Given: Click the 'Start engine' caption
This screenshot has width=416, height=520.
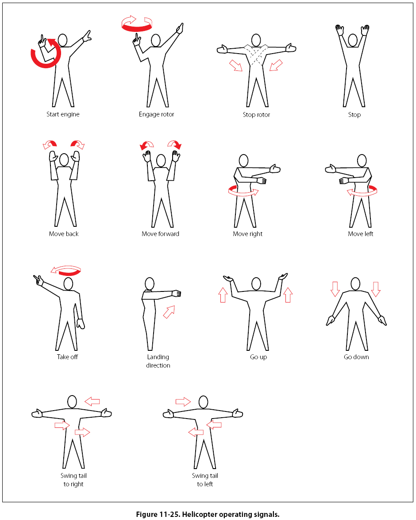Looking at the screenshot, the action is (x=63, y=114).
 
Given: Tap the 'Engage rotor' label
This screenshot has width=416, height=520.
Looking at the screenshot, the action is (x=157, y=114).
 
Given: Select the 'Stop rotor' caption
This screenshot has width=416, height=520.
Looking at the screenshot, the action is (x=256, y=115).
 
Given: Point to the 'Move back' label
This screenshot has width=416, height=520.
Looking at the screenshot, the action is (x=64, y=234).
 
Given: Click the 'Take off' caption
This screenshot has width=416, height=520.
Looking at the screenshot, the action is (x=67, y=357).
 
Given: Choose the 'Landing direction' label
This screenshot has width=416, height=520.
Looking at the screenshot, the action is (x=158, y=361).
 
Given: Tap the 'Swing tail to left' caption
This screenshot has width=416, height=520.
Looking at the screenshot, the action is (x=205, y=480).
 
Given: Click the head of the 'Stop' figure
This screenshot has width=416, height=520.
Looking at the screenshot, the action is (x=353, y=40).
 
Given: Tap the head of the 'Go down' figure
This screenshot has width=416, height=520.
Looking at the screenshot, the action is (x=355, y=284).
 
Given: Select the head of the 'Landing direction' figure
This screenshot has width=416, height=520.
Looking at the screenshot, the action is (x=150, y=284).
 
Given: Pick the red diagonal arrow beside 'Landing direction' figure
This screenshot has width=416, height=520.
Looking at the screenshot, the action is (x=169, y=312).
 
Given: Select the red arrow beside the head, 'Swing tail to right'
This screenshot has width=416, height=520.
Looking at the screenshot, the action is (x=92, y=402).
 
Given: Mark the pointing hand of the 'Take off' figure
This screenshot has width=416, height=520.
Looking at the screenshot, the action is (x=39, y=280).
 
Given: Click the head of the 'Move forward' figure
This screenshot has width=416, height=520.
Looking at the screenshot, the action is (x=161, y=161).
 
